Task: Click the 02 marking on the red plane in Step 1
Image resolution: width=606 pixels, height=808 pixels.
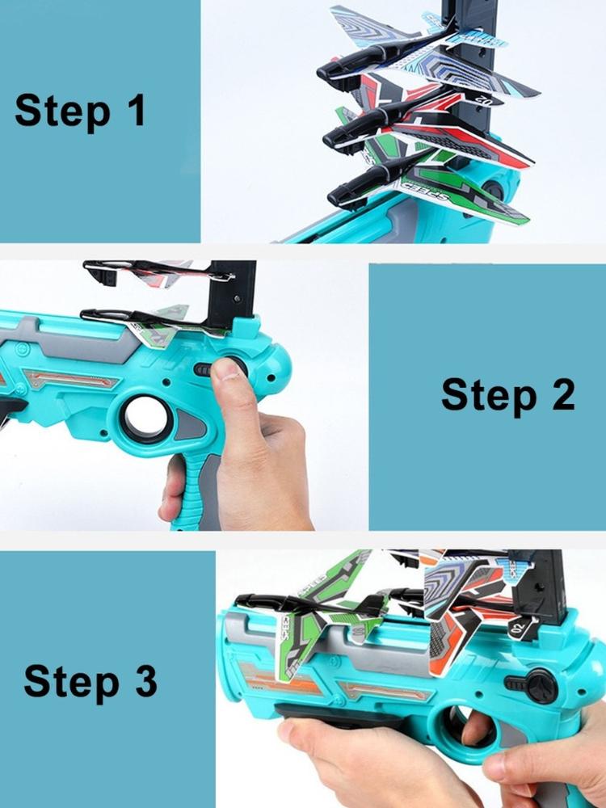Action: click(x=486, y=98)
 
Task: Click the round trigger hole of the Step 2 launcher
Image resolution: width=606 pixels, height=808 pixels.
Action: click(x=146, y=414)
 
